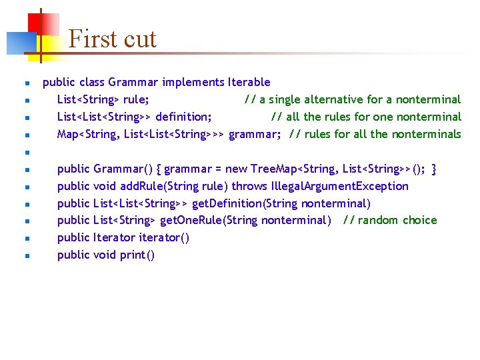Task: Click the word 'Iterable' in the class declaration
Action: click(x=249, y=83)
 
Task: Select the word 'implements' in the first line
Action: click(x=193, y=83)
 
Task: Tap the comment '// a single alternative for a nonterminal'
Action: click(x=352, y=99)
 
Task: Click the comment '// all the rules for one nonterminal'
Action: click(x=366, y=117)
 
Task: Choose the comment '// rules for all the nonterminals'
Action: click(x=375, y=134)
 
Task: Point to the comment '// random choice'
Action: click(x=390, y=221)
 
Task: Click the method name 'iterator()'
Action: click(x=163, y=238)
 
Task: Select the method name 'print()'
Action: click(x=137, y=255)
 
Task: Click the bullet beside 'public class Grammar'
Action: click(x=27, y=83)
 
